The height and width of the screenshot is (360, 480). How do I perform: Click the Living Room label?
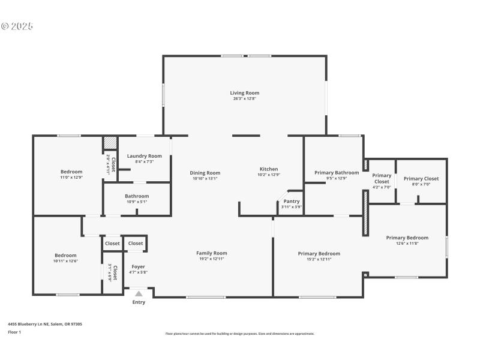point(244,93)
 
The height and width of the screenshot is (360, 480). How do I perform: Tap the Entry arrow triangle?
point(139,294)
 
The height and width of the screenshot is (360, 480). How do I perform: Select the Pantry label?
point(292,202)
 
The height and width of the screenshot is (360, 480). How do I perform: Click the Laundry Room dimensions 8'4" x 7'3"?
point(144,162)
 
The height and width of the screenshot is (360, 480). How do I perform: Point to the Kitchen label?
point(268,169)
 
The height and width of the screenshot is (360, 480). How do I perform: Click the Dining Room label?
point(205,173)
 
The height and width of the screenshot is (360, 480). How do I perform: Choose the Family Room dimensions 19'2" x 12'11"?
point(212,259)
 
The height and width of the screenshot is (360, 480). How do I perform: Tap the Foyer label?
point(139,266)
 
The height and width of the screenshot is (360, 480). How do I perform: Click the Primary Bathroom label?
point(337,173)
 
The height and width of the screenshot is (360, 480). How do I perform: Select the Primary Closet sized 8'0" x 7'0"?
point(421,179)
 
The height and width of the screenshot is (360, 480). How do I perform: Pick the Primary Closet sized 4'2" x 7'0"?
point(382,179)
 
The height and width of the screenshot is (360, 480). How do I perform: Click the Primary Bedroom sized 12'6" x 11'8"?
point(407,238)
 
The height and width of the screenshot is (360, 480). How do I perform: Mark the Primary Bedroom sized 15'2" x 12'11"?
point(319,254)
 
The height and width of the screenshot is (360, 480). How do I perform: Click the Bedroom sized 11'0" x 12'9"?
point(71,172)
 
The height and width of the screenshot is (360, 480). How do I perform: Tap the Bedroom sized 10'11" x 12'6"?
point(66,256)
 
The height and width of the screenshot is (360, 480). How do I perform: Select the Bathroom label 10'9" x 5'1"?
point(137,196)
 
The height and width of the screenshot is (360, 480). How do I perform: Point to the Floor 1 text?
point(14,332)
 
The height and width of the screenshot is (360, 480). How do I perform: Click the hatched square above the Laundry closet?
point(110,143)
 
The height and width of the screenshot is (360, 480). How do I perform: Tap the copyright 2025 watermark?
point(17,26)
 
